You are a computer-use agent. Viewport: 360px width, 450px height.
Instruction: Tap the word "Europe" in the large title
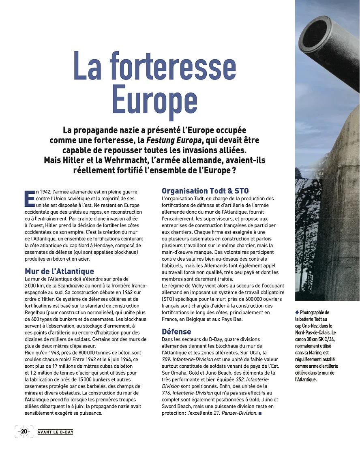pyautogui.click(x=154, y=99)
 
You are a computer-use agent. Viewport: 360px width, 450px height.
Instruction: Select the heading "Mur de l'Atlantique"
pyautogui.click(x=59, y=271)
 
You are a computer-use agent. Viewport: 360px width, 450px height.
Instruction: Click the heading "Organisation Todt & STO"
pyautogui.click(x=205, y=191)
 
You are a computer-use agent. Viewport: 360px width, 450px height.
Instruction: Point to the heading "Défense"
pyautogui.click(x=176, y=331)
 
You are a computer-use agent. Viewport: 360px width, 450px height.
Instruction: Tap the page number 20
pyautogui.click(x=24, y=431)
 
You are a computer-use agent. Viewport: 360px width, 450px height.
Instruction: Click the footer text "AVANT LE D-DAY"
pyautogui.click(x=56, y=432)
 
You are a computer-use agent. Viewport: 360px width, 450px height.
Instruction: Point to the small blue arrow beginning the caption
pyautogui.click(x=297, y=312)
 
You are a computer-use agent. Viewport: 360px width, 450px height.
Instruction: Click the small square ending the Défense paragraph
pyautogui.click(x=260, y=413)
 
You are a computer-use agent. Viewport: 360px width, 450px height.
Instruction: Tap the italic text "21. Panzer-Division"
pyautogui.click(x=235, y=413)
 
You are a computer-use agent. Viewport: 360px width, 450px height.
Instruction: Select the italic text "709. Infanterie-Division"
pyautogui.click(x=187, y=359)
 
